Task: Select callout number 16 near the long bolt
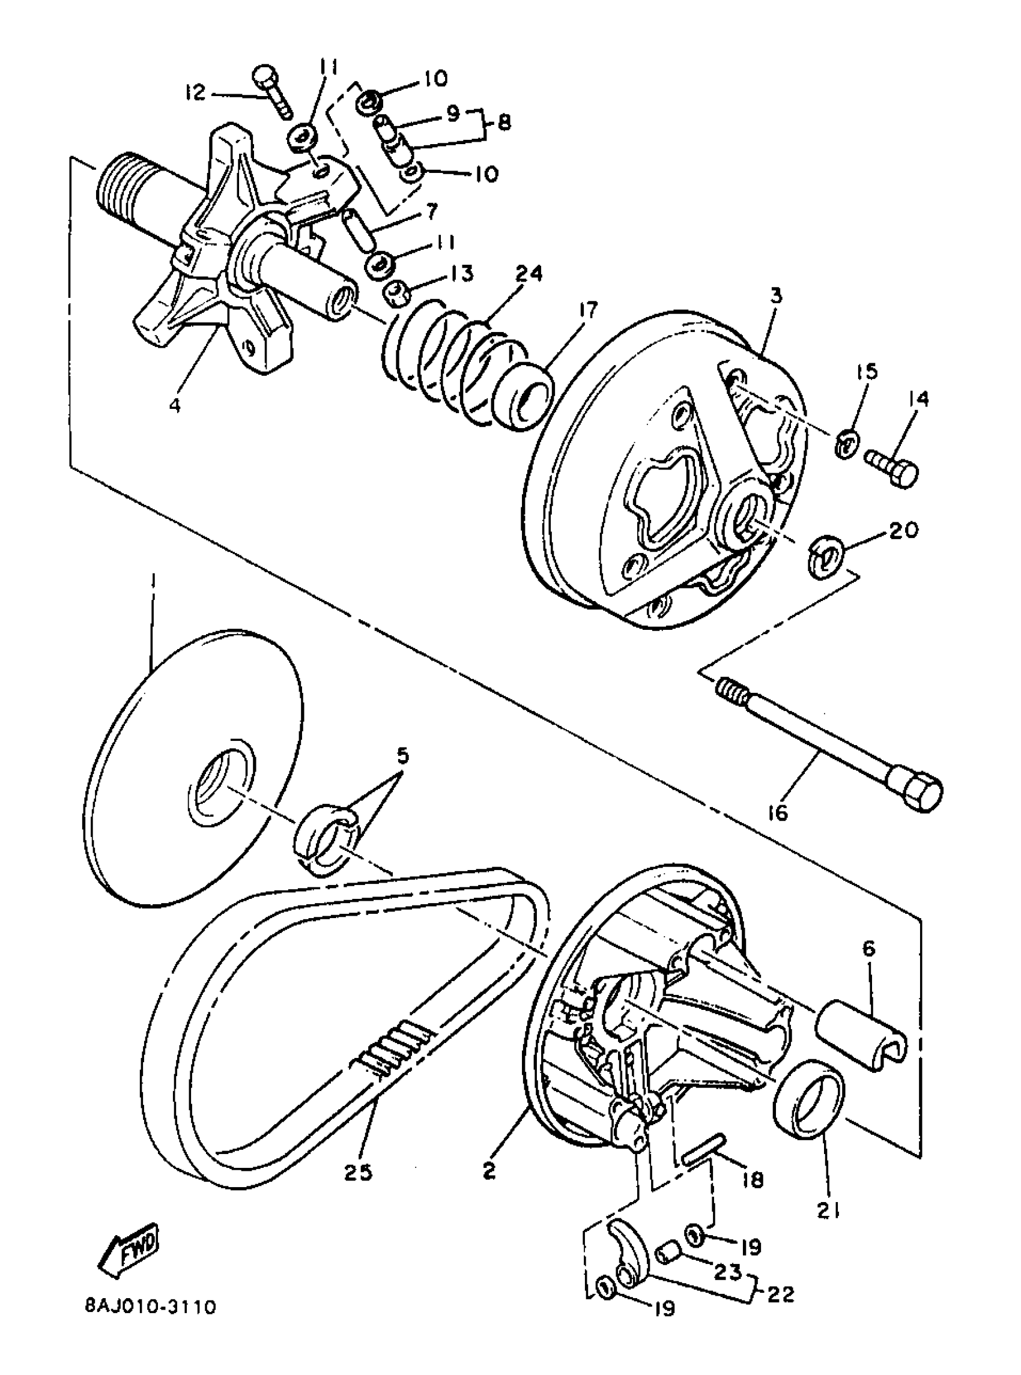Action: (779, 814)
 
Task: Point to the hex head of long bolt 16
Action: (921, 789)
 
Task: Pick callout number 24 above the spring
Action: (526, 274)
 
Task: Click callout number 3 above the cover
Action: (776, 296)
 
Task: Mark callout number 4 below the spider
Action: (175, 406)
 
